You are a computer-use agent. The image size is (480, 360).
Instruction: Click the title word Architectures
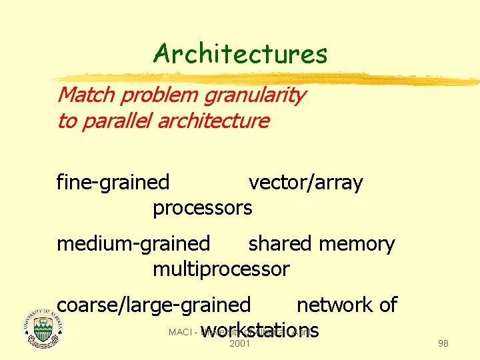[240, 53]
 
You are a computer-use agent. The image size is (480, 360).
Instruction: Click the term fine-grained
[113, 182]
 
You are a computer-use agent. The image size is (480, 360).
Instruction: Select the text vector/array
[305, 182]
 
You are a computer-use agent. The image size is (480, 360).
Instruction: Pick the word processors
[203, 208]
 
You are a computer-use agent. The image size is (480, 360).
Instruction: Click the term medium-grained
[133, 244]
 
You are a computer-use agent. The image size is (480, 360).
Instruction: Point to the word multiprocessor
[221, 269]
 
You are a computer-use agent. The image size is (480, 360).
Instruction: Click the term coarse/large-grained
[153, 305]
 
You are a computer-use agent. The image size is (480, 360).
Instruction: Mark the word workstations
[260, 331]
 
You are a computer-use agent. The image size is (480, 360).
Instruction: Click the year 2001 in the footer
[239, 344]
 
